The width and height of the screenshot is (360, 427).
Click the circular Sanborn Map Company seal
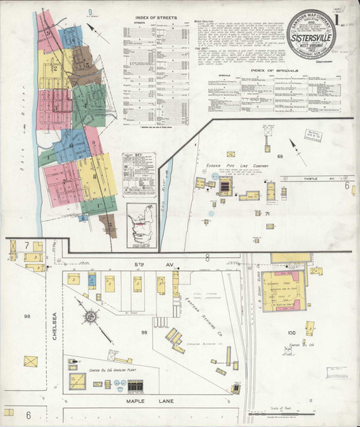(311, 33)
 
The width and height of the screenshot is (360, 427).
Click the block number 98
(27, 316)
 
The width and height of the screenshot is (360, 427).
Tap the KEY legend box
(138, 174)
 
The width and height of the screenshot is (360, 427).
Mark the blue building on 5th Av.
(92, 280)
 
